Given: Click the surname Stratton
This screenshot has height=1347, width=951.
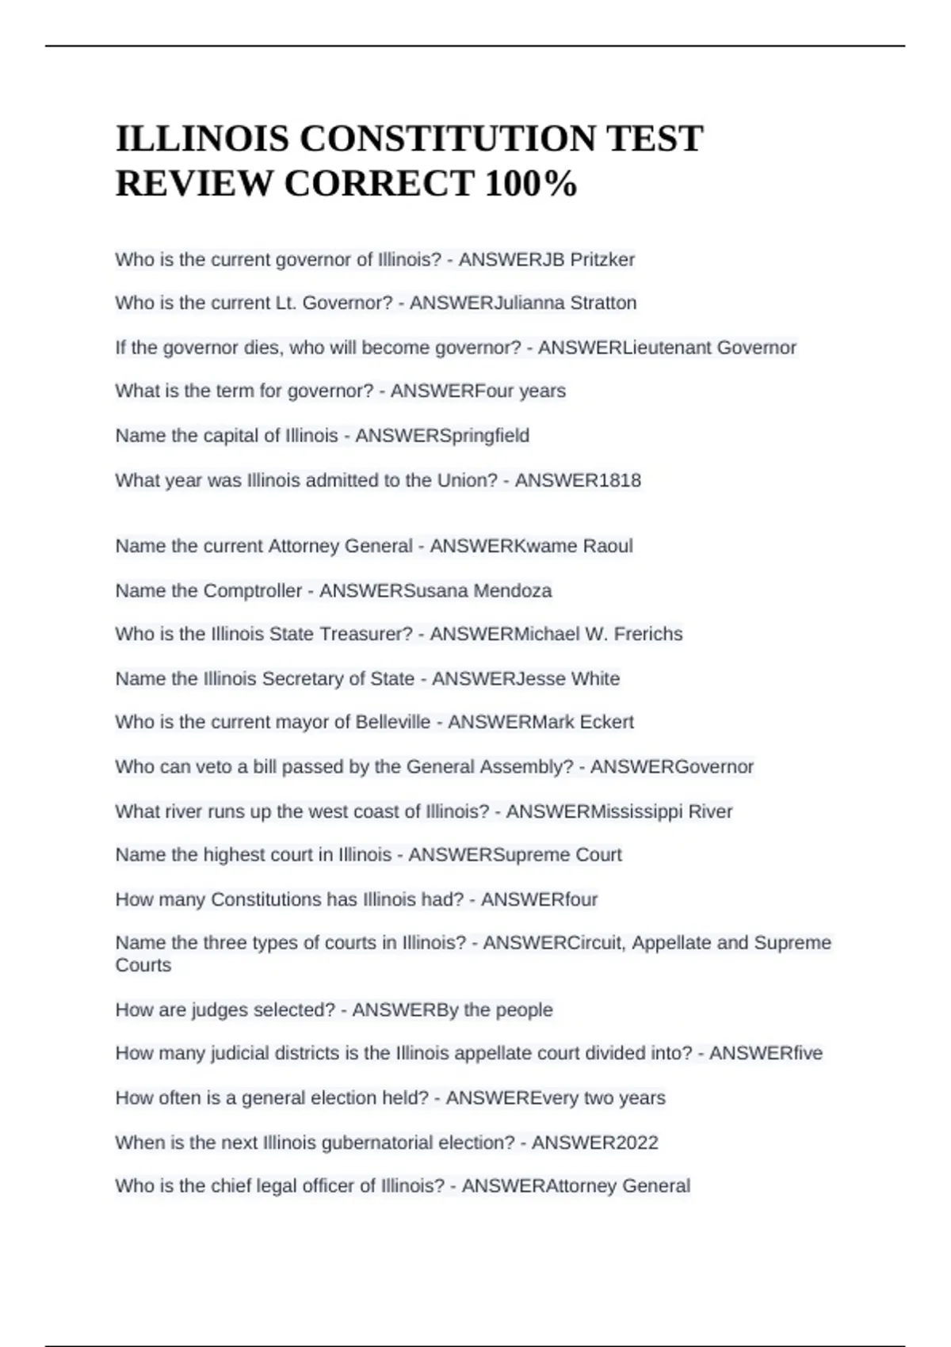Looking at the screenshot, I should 603,303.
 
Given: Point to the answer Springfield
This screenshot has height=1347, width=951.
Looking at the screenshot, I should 484,436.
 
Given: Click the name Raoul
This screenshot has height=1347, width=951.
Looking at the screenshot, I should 608,546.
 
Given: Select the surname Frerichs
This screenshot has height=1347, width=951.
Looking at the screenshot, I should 647,634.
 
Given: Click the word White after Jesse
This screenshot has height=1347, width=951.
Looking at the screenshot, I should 595,678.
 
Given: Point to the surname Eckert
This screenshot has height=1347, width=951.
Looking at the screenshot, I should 607,722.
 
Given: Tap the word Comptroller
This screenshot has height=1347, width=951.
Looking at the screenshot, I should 253,590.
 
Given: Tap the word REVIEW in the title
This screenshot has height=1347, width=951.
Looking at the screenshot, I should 195,184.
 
